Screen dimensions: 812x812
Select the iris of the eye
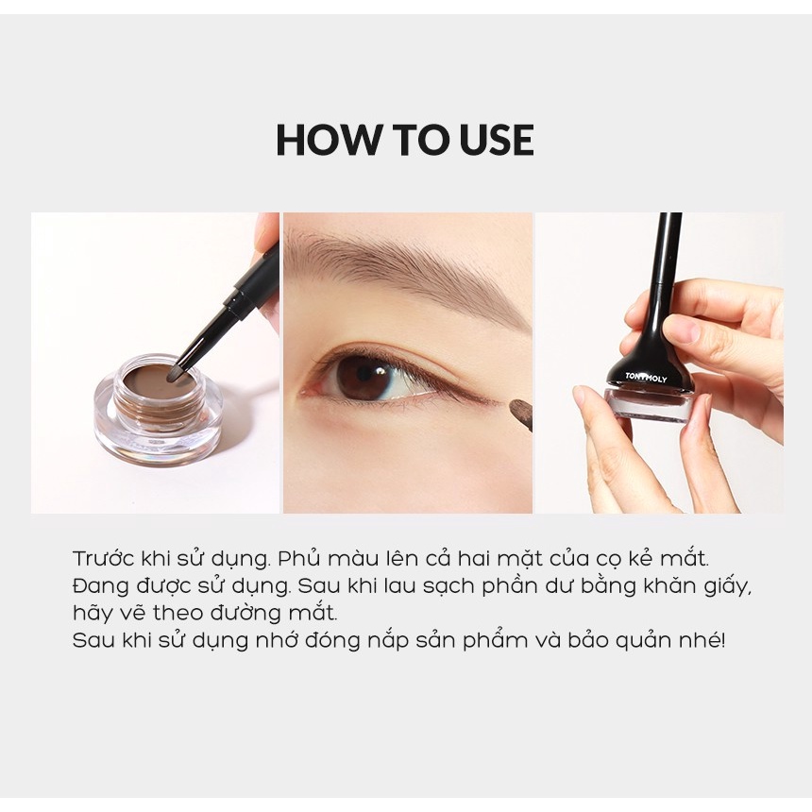[363, 376]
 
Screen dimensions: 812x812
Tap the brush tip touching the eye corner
[518, 411]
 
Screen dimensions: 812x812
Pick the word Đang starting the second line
[96, 585]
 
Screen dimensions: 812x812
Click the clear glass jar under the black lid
[647, 406]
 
